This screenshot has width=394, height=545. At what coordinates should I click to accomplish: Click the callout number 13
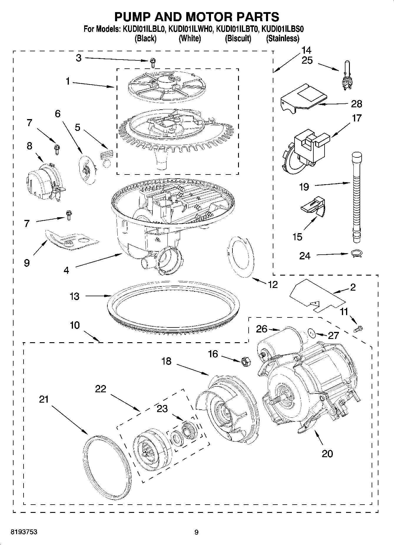[74, 296]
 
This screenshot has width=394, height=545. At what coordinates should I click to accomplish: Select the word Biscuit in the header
[238, 39]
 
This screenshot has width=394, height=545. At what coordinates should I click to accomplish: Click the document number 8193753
[24, 532]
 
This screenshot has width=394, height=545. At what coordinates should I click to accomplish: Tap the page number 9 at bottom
[197, 532]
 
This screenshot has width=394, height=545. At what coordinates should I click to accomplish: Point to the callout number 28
[356, 104]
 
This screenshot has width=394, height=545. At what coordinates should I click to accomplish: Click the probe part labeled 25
[348, 76]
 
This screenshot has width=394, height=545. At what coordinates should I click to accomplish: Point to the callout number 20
[327, 453]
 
